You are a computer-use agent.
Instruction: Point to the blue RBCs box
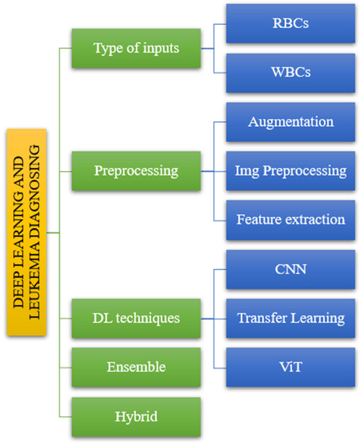(x=291, y=24)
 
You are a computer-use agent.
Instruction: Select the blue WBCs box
(x=291, y=72)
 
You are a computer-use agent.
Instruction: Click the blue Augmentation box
(x=291, y=122)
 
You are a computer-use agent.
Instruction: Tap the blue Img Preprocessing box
(x=291, y=171)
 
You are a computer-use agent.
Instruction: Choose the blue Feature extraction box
(x=291, y=219)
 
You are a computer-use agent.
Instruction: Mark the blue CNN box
(x=291, y=269)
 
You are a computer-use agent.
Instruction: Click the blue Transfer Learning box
(x=291, y=318)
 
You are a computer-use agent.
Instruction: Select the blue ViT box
(x=291, y=366)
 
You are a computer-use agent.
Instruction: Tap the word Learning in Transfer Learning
(x=319, y=318)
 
